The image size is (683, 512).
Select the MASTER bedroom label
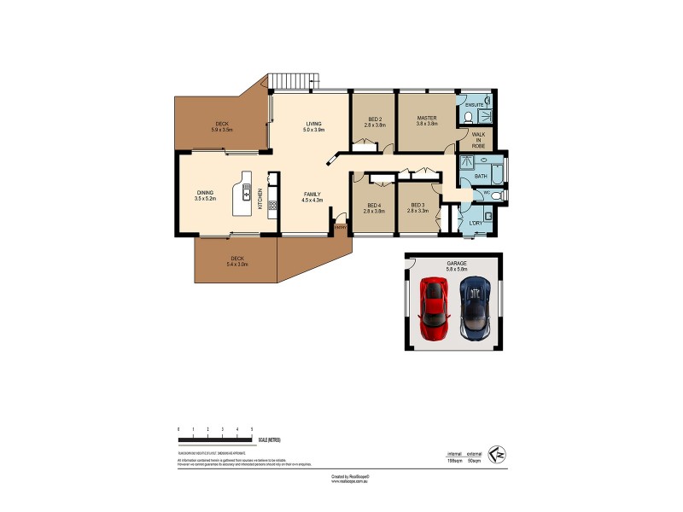(427, 118)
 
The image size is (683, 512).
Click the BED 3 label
(417, 205)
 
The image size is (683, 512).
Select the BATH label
(480, 177)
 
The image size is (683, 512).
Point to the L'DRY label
(476, 224)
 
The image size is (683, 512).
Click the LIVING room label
(314, 125)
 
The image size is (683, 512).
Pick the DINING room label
(205, 193)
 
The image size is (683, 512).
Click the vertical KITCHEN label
(260, 197)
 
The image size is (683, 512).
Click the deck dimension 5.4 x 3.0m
(237, 265)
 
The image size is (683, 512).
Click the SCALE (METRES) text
(268, 439)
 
